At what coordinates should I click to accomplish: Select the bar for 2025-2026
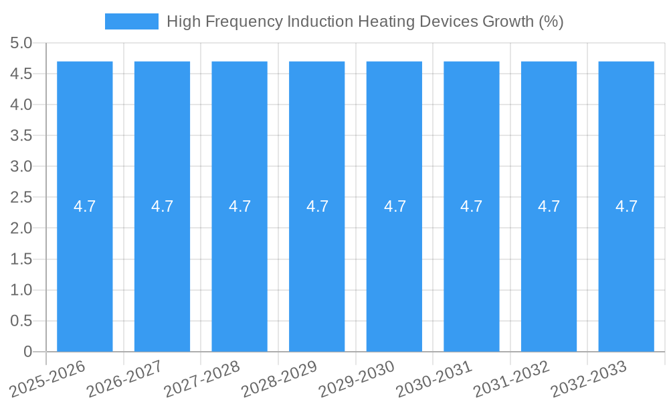tap(84, 268)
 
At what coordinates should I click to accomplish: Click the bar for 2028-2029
tap(316, 268)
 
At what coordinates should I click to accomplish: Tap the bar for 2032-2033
tap(626, 268)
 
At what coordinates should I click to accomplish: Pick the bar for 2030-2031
tap(471, 268)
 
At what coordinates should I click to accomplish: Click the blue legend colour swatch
tap(132, 21)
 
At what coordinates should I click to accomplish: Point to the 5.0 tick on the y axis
tap(21, 44)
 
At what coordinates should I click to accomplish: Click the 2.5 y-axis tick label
tap(21, 198)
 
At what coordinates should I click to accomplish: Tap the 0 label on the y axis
tap(27, 352)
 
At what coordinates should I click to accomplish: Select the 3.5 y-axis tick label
tap(21, 136)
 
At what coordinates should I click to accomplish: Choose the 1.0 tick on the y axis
tap(21, 290)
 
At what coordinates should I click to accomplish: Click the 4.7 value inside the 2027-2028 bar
tap(240, 206)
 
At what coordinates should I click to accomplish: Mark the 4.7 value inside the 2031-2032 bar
tap(549, 206)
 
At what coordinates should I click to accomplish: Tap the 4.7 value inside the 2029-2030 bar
tap(394, 206)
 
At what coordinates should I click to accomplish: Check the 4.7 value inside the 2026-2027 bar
tap(162, 206)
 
